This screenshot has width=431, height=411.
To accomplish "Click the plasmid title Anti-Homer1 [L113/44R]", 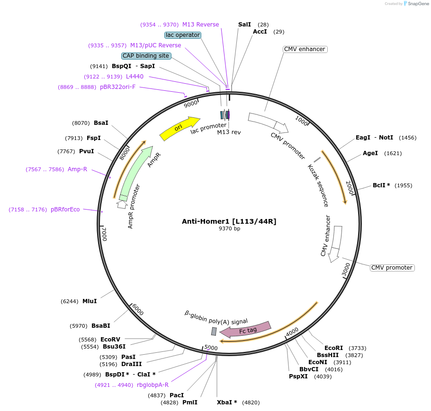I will point(229,221).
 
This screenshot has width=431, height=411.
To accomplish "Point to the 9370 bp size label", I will point(229,229).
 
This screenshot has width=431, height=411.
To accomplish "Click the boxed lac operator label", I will point(183,35).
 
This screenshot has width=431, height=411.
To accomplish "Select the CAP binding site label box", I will point(146,56).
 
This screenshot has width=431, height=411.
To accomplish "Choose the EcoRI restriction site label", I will point(333,348).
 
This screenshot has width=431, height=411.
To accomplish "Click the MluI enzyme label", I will point(90,301).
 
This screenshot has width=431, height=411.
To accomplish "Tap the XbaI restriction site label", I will point(227,402).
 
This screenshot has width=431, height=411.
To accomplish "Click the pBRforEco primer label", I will point(65,210).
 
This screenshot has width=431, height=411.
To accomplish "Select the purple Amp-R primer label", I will point(77,169).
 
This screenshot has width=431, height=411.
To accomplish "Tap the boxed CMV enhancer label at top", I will point(305,49).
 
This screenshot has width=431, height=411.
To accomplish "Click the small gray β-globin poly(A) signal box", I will point(214,332).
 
